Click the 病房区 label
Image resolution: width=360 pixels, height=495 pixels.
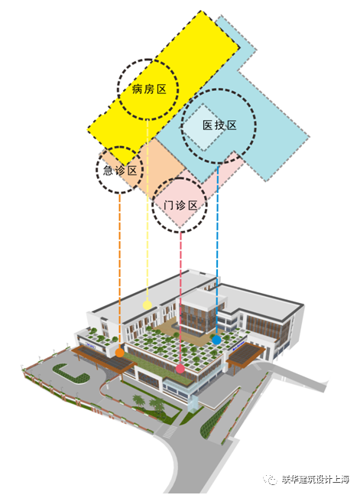[x=149, y=90]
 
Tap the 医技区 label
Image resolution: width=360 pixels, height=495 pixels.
[x=219, y=125]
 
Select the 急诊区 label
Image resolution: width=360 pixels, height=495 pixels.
[x=120, y=171]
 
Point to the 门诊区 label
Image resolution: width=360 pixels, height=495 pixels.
[x=180, y=206]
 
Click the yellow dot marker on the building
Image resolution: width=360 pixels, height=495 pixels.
[x=147, y=305]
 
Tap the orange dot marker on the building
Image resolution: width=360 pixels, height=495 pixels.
[x=119, y=353]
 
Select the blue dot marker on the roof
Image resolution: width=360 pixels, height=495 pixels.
[x=216, y=340]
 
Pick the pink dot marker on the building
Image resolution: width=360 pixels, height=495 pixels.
[x=180, y=369]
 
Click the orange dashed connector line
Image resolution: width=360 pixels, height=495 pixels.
[x=120, y=271]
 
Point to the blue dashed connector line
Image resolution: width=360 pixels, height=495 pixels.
[x=217, y=250]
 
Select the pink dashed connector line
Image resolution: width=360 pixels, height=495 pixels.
[x=180, y=298]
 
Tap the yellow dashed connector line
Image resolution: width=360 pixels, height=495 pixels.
[x=148, y=210]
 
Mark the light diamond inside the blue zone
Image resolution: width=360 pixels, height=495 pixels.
[x=203, y=127]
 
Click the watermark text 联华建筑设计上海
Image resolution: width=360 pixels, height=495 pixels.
[x=316, y=479]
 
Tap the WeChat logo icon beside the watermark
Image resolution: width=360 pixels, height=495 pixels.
[x=271, y=480]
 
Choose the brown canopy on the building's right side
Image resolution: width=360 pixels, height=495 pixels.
[x=246, y=354]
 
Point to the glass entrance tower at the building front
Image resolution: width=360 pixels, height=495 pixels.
[x=193, y=401]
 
